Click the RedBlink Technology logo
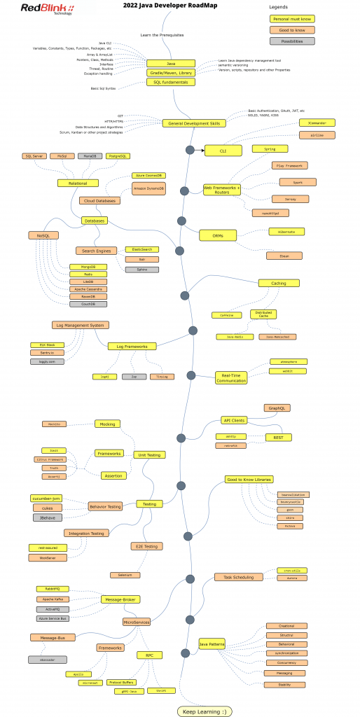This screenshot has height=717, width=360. click(47, 9)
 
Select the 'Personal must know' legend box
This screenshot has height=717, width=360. click(293, 19)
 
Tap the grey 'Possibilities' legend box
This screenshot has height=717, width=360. click(293, 41)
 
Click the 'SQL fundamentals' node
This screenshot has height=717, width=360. click(170, 82)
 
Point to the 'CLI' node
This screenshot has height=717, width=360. click(223, 150)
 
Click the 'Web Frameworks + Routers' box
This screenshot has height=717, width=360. click(221, 188)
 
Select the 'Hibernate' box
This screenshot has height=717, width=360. click(286, 231)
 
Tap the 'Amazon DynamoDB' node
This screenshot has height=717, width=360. click(148, 188)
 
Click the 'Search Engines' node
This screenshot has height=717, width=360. click(94, 251)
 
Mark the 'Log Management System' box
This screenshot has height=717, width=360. click(80, 325)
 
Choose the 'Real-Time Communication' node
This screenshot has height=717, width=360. click(231, 377)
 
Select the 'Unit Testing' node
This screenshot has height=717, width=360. click(149, 454)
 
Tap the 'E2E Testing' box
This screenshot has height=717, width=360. click(147, 546)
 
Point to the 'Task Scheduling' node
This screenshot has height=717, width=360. click(239, 577)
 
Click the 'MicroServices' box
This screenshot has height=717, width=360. click(137, 621)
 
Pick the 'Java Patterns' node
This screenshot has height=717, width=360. click(212, 643)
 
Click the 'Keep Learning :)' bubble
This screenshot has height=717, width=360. click(204, 711)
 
